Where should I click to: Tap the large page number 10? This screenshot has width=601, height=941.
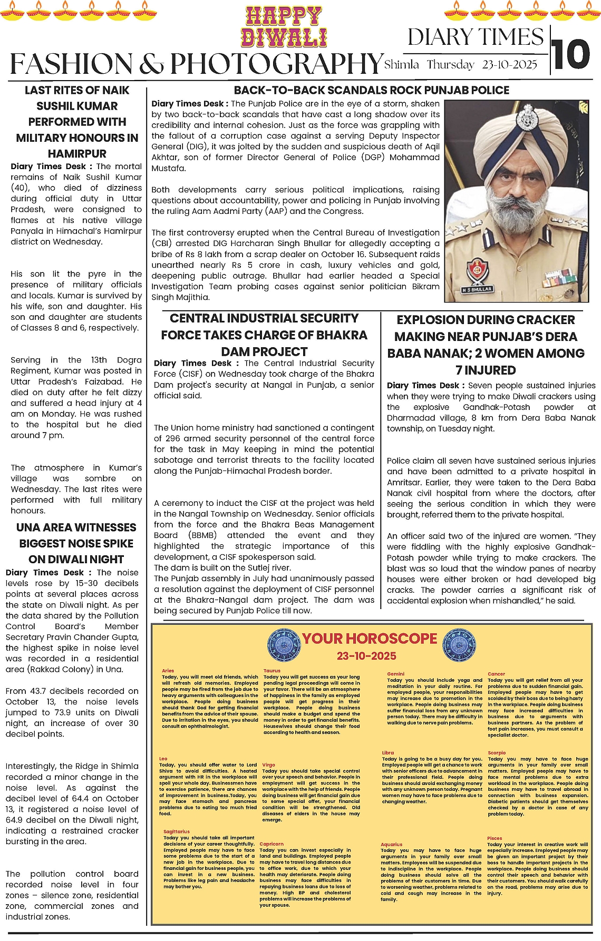[571, 55]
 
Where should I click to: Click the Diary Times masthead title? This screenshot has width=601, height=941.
[476, 37]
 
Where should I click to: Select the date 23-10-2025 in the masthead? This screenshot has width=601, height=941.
[509, 65]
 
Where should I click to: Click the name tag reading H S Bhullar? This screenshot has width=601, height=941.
[477, 289]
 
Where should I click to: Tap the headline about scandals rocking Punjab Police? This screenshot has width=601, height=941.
[371, 90]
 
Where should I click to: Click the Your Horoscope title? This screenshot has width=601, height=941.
[369, 639]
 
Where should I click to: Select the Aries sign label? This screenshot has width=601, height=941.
[168, 671]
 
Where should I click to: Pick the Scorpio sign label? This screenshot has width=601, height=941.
[497, 753]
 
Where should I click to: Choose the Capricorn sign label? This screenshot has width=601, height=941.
[272, 844]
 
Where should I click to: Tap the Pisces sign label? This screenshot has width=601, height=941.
[495, 838]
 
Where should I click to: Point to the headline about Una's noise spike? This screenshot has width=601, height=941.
[76, 543]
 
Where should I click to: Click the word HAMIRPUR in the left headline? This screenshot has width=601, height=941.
[77, 154]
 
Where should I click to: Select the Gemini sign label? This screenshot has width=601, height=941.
[396, 674]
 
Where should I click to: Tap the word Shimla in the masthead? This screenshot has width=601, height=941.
[402, 65]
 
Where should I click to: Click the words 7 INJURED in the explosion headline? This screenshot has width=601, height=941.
[486, 370]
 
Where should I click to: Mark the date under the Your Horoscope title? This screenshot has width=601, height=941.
[366, 656]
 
